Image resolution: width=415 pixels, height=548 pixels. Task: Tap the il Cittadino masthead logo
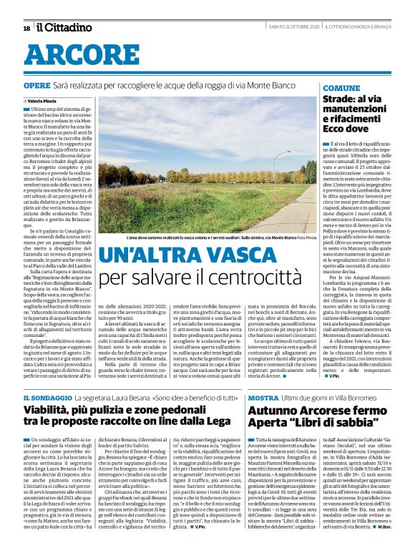tap(65, 28)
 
